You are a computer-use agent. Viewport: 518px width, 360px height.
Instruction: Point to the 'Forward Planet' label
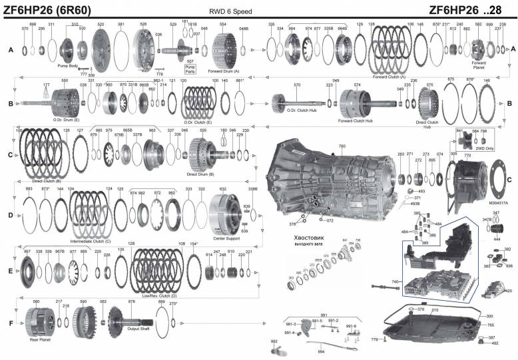[x=479, y=47]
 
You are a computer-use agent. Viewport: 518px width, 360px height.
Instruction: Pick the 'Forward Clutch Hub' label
[x=354, y=120]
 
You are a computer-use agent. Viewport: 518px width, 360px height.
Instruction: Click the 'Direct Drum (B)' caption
[x=200, y=174]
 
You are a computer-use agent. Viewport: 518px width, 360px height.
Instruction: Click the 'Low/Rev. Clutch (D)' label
[x=154, y=295]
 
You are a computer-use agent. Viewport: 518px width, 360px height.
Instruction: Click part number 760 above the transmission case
[x=342, y=146]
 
